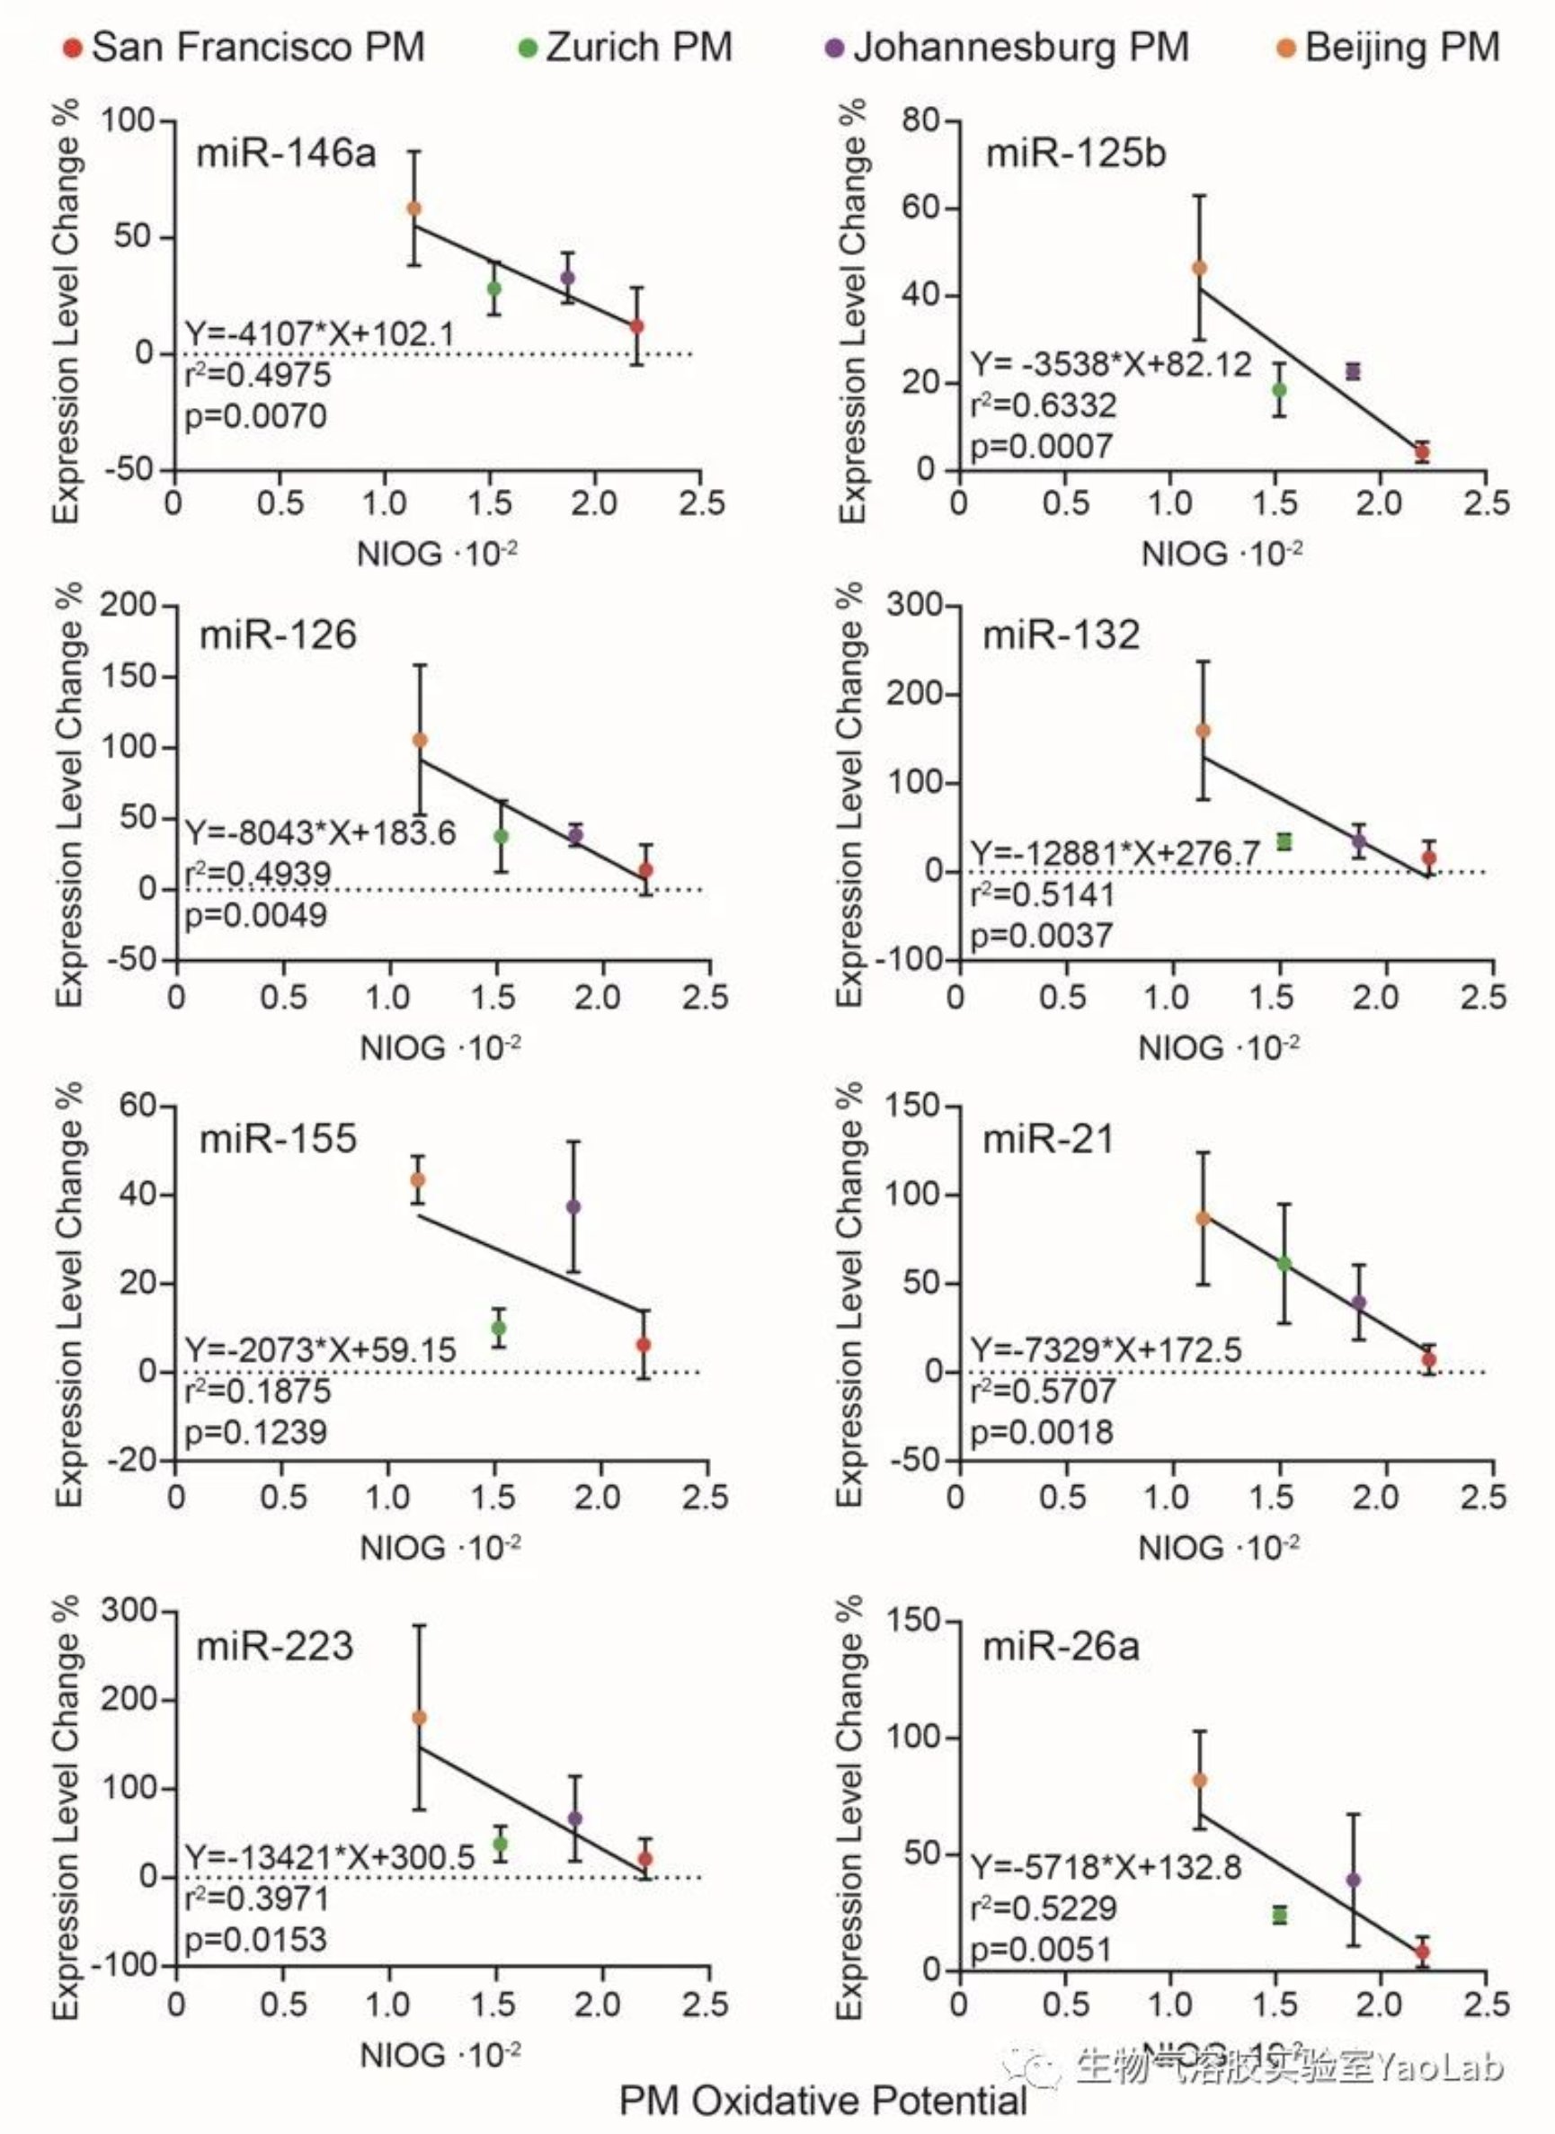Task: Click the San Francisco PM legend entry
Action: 244,47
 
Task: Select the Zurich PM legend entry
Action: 626,47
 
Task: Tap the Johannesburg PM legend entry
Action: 1008,47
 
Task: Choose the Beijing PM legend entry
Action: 1389,47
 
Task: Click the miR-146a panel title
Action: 285,153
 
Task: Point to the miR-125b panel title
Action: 1075,153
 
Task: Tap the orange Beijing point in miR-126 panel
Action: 420,740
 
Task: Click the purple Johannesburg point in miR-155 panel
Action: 573,1207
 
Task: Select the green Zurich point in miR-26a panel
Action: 1279,1915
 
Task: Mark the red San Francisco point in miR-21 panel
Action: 1429,1359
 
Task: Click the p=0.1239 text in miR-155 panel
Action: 255,1433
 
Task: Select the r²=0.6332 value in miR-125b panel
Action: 1043,405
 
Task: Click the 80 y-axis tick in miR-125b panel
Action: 920,120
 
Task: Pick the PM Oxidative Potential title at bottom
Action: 822,2101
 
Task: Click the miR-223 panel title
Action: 275,1646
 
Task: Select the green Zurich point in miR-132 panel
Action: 1284,840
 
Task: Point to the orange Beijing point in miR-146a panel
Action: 413,208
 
